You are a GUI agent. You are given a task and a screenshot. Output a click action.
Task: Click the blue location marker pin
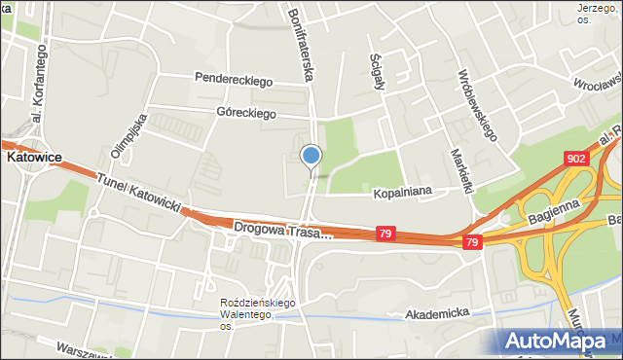click(311, 156)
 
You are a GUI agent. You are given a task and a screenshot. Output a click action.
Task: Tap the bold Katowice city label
click(35, 156)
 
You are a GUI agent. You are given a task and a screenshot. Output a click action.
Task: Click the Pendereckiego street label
click(233, 79)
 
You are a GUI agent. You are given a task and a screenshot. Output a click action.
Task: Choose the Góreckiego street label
click(246, 113)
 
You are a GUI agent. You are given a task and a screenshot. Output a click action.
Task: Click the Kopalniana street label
click(402, 195)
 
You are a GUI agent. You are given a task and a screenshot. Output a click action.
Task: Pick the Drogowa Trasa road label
click(283, 230)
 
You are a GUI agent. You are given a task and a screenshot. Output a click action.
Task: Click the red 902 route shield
click(576, 158)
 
